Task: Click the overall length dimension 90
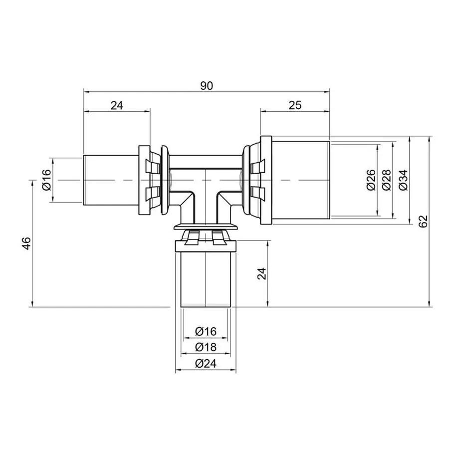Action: coord(207,86)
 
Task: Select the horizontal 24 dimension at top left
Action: coord(116,105)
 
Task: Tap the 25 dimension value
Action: coord(295,105)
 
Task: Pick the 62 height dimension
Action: coord(424,221)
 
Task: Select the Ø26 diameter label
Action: coord(370,180)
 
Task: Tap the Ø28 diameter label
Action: coord(386,180)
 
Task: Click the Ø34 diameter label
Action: coord(403,180)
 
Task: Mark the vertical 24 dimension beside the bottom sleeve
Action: coord(263,273)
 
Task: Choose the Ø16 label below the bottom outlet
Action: coord(206,331)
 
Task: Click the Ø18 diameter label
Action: coord(206,347)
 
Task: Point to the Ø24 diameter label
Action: coord(206,364)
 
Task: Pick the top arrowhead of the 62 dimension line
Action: coord(430,138)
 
